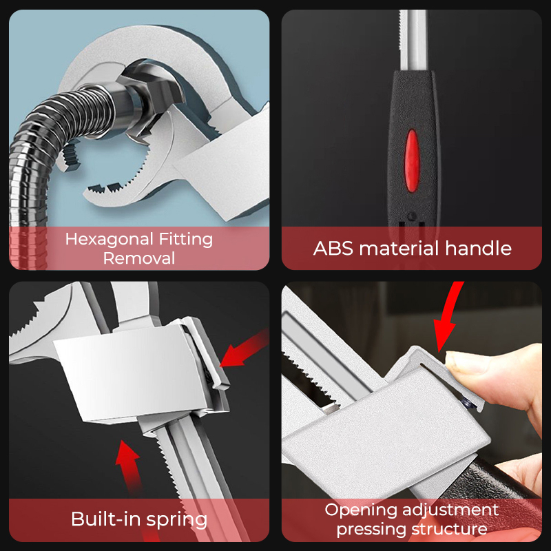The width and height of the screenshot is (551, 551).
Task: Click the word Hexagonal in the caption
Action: coord(110,240)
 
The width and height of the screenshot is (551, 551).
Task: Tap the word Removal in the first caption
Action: coord(139,259)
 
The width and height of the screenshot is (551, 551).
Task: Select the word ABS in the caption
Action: coord(333,249)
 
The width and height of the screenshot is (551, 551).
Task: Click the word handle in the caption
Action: coord(478,248)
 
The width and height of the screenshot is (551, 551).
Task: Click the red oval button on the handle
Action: coord(412,160)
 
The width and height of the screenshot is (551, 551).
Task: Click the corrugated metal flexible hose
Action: coord(42,154)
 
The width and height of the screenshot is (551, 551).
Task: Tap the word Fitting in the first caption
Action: coord(186,240)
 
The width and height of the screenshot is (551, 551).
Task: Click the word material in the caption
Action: coord(399,249)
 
